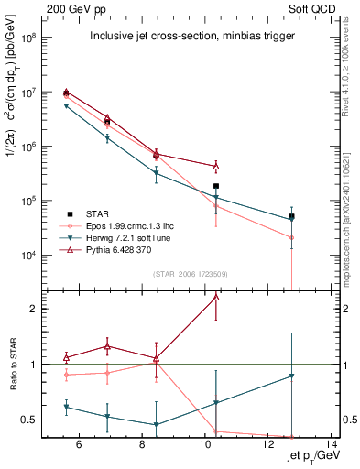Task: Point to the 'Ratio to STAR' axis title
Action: click(x=15, y=365)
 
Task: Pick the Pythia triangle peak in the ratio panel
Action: click(x=216, y=297)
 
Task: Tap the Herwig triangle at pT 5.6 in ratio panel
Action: click(x=66, y=407)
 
